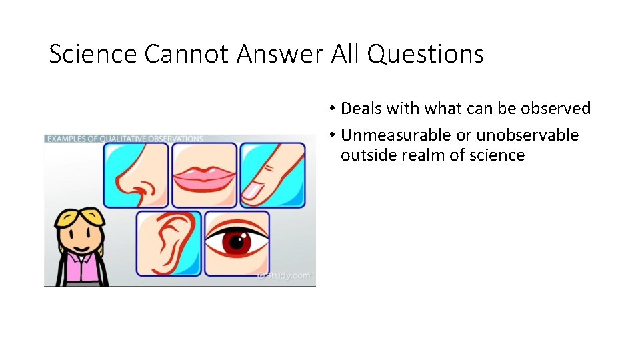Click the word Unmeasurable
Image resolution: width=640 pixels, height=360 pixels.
pos(396,135)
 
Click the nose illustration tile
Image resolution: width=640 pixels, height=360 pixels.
pos(135,175)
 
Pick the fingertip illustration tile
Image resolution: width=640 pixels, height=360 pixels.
pos(273,175)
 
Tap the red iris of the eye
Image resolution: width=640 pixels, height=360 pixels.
pos(235,241)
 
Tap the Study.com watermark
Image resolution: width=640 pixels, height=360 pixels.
pos(285,275)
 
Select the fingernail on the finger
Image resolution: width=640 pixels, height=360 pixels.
pos(252,193)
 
